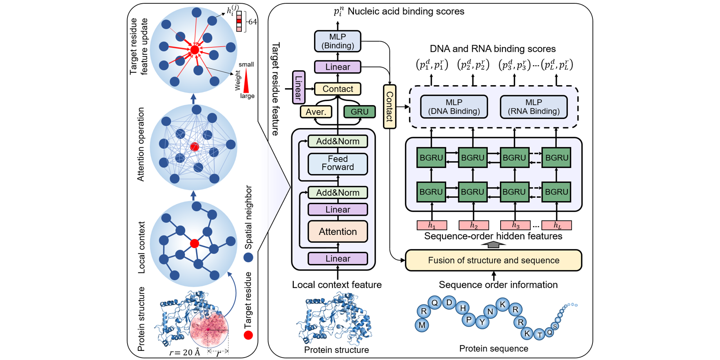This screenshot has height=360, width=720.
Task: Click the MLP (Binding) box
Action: [x=337, y=41]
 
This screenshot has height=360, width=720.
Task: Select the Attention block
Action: [x=337, y=232]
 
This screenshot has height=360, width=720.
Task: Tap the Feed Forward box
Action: [x=337, y=163]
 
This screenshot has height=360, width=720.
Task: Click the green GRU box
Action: [x=359, y=112]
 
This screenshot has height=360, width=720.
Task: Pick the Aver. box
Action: [x=316, y=112]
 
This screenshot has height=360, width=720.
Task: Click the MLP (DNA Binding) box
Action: [x=454, y=107]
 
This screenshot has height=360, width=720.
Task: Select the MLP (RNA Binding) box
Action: [x=533, y=107]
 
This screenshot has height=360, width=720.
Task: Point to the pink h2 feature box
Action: [x=474, y=225]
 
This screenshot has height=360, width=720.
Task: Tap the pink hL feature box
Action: [x=557, y=225]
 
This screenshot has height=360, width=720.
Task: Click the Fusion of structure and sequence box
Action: [x=493, y=260]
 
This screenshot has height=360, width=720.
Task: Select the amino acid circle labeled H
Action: [x=462, y=308]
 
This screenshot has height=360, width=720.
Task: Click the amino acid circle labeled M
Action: [x=422, y=325]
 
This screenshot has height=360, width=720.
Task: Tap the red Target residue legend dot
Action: [x=248, y=335]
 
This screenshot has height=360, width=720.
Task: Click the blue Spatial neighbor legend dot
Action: [x=248, y=258]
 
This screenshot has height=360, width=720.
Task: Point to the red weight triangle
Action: [x=246, y=82]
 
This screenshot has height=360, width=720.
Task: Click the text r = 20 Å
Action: [x=184, y=353]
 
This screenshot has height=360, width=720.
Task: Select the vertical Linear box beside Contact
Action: [x=298, y=87]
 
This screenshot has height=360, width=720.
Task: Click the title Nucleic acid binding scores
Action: [x=405, y=11]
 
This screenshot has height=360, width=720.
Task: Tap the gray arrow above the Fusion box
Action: [x=493, y=245]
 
